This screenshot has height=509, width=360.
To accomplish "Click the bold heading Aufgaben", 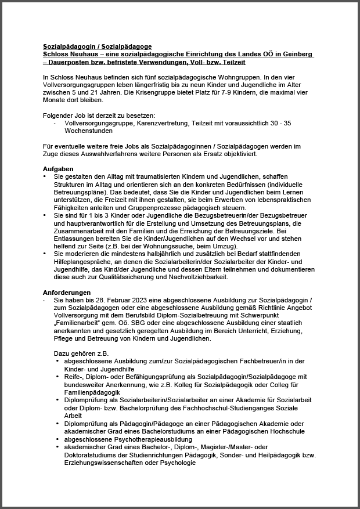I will point(58,168).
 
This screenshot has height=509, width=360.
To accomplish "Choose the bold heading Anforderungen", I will point(67,292).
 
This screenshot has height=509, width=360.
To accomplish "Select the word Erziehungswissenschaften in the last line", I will point(110,463).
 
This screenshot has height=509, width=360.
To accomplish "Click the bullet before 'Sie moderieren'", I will point(45,253).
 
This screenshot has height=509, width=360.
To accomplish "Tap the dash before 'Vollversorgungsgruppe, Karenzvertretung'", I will point(55,124).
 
